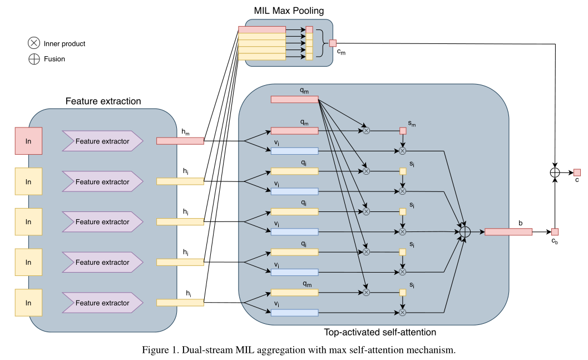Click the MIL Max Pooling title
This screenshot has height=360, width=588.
click(x=289, y=11)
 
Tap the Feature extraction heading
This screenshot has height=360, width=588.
click(x=103, y=101)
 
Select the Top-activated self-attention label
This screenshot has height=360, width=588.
click(x=380, y=332)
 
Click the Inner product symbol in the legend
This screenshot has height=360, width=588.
click(x=34, y=43)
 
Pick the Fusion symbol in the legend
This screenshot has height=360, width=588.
click(x=34, y=59)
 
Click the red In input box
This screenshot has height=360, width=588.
click(x=28, y=141)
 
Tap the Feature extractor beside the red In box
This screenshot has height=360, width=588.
click(x=102, y=141)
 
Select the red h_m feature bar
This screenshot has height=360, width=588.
click(x=180, y=141)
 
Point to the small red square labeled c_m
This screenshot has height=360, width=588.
click(x=333, y=43)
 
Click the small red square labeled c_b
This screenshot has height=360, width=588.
click(x=555, y=231)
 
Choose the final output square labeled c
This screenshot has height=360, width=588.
click(x=577, y=172)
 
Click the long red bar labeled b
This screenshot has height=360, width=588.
click(x=508, y=231)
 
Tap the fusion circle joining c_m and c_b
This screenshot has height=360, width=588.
click(x=554, y=172)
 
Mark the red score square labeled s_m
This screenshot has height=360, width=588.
click(x=403, y=131)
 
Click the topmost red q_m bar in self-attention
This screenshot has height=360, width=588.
click(x=294, y=99)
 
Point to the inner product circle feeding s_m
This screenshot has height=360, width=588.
click(x=366, y=131)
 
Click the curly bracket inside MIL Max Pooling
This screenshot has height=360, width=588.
click(x=321, y=43)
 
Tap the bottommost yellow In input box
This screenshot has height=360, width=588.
click(x=28, y=303)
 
